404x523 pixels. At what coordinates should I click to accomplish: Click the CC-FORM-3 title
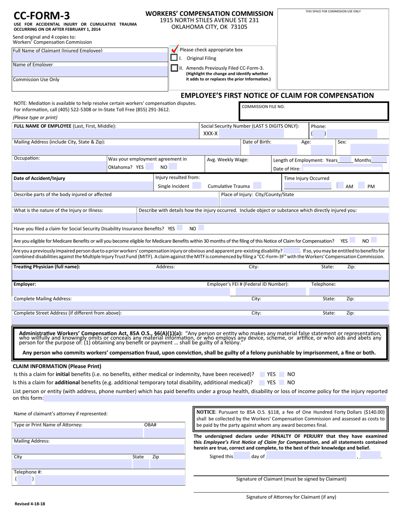pyautogui.click(x=42, y=16)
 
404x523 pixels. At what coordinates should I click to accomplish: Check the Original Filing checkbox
pyautogui.click(x=174, y=58)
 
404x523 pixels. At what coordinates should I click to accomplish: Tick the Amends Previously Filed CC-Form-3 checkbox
pyautogui.click(x=174, y=68)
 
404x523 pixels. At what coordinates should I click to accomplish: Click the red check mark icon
pyautogui.click(x=174, y=49)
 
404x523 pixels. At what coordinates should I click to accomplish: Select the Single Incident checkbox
pyautogui.click(x=196, y=186)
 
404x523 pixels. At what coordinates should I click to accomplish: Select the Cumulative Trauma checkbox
pyautogui.click(x=257, y=186)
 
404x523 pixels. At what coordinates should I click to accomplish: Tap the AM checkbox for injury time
pyautogui.click(x=340, y=186)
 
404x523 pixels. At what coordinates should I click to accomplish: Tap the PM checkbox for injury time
pyautogui.click(x=361, y=186)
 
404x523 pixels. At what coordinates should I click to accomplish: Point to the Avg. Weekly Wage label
pyautogui.click(x=228, y=159)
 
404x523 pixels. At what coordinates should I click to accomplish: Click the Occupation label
pyautogui.click(x=27, y=158)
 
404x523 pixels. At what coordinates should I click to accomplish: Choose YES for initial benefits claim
pyautogui.click(x=262, y=374)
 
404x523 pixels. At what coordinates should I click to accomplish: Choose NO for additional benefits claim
pyautogui.click(x=282, y=382)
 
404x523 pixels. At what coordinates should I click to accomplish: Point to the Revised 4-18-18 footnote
pyautogui.click(x=30, y=504)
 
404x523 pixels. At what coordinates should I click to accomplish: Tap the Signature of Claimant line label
pyautogui.click(x=291, y=479)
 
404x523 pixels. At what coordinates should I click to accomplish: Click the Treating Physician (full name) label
pyautogui.click(x=47, y=267)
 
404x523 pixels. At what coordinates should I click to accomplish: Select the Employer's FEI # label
pyautogui.click(x=248, y=284)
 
